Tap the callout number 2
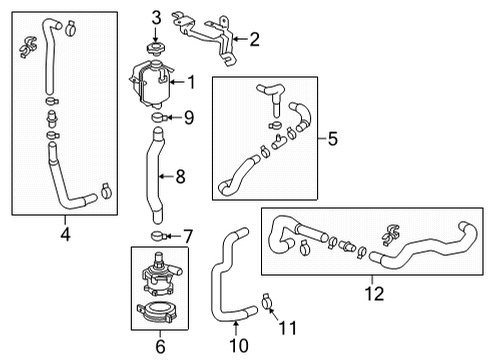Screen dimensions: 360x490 click(x=254, y=40)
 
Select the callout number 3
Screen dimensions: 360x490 click(x=155, y=17)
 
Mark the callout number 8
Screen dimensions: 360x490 click(x=180, y=177)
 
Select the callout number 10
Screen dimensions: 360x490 click(x=236, y=345)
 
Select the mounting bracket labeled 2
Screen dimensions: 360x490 click(x=212, y=38)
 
